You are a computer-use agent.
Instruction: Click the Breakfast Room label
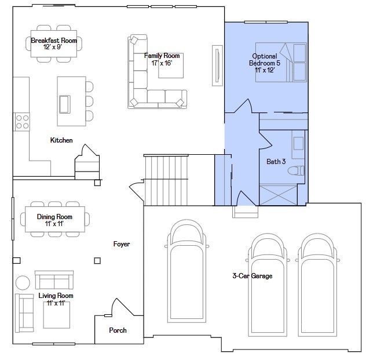point(54,44)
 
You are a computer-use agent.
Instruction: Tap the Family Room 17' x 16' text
point(162,59)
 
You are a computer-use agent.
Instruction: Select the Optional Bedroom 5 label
point(263,63)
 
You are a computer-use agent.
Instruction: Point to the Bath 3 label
point(276,162)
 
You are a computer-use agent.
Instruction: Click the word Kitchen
point(61,140)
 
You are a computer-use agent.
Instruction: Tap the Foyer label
point(122,244)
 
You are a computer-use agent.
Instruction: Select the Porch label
point(118,330)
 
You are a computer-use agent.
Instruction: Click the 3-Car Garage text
point(252,276)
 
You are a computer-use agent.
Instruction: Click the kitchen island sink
point(64,104)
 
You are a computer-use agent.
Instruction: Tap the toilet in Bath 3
point(297,171)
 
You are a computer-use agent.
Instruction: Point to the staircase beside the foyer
point(166,180)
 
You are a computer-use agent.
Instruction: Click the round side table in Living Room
point(23,283)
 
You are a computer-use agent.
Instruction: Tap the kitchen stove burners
point(22,121)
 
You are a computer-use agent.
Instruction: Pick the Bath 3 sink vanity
point(298,146)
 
